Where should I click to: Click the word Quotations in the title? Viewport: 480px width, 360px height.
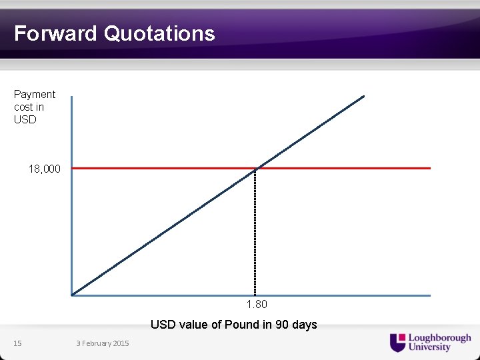click(159, 33)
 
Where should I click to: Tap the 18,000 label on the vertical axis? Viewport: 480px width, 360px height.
click(44, 169)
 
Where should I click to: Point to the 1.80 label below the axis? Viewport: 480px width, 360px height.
click(257, 305)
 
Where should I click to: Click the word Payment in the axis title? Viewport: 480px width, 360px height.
click(35, 95)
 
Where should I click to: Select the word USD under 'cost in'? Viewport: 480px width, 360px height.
click(25, 120)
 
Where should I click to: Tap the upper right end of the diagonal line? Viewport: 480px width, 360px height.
click(363, 97)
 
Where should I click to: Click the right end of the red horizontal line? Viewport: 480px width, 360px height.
click(429, 168)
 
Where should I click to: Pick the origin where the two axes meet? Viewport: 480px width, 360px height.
click(71, 295)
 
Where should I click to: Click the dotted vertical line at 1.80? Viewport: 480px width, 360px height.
click(255, 233)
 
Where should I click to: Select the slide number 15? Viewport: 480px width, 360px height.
click(18, 343)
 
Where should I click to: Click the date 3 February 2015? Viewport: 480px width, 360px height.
click(103, 343)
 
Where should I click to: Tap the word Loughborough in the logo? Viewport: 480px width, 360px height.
click(439, 338)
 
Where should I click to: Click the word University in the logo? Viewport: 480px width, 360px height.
click(429, 347)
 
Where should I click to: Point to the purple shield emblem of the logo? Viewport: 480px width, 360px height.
click(397, 342)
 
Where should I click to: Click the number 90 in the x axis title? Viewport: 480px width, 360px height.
click(282, 325)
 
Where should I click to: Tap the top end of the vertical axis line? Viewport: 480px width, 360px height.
click(71, 97)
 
